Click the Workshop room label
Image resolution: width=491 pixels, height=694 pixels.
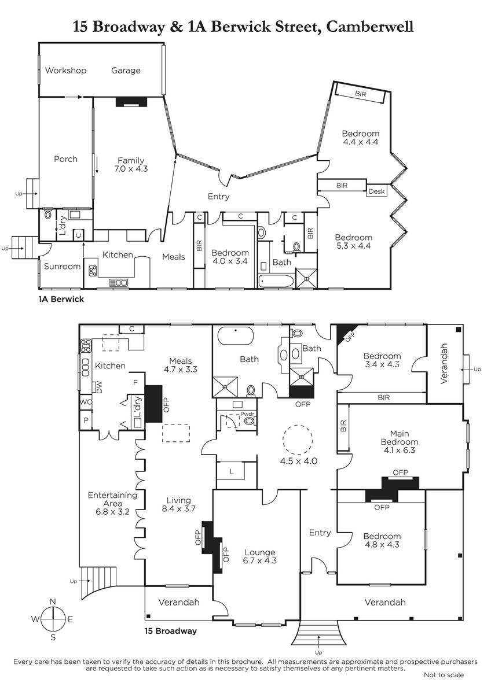click(x=66, y=71)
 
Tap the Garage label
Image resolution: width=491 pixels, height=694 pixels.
click(x=126, y=71)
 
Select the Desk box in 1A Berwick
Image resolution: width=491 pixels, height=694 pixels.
click(x=376, y=191)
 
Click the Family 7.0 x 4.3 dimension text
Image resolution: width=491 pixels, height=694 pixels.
click(x=131, y=169)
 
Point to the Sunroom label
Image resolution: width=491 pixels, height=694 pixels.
click(x=62, y=266)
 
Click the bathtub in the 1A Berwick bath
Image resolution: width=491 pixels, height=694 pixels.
click(x=276, y=281)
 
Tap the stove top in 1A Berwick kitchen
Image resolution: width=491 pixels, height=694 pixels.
click(x=93, y=271)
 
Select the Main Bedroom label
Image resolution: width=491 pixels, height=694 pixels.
click(x=400, y=437)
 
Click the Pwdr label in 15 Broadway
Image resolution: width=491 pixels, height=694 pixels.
click(x=247, y=414)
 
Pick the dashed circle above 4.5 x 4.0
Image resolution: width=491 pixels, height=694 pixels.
click(x=298, y=439)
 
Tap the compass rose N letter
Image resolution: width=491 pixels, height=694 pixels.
click(x=53, y=601)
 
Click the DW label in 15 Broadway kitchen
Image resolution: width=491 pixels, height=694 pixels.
click(x=99, y=387)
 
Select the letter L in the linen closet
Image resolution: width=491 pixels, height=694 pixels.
click(x=232, y=472)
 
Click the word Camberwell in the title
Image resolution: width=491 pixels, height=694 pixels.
click(x=370, y=27)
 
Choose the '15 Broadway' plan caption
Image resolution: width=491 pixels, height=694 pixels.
click(x=171, y=631)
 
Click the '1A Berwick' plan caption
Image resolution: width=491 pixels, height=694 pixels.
click(x=61, y=299)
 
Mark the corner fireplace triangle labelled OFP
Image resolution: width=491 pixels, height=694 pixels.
click(x=345, y=333)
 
